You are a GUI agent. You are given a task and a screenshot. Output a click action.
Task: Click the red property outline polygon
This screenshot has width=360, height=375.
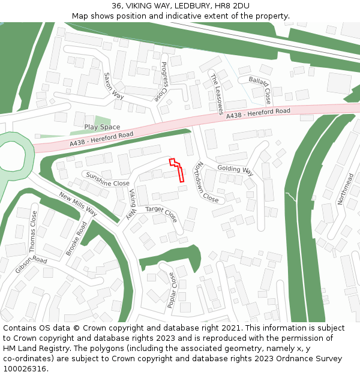[178, 170]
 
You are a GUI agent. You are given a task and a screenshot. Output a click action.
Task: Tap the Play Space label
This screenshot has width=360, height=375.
[102, 127]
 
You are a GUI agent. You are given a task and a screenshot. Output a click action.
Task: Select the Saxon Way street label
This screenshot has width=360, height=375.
[113, 86]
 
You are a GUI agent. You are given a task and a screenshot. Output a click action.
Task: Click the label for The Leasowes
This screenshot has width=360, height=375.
[216, 94]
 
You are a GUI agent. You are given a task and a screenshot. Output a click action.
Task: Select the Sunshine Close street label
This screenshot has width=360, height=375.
[107, 179]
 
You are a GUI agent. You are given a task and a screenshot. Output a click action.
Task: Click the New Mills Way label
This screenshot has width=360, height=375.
[78, 205]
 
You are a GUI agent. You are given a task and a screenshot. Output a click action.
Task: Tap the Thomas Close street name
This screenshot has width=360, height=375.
[33, 231]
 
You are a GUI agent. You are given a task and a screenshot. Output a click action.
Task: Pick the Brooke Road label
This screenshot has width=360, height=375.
[76, 239]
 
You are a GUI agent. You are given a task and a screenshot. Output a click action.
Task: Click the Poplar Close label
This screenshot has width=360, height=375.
[172, 290]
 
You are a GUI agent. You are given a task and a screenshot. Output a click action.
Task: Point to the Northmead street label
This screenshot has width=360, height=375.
[346, 188]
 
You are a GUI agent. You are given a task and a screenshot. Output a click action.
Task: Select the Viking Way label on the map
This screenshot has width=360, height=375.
[133, 203]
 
